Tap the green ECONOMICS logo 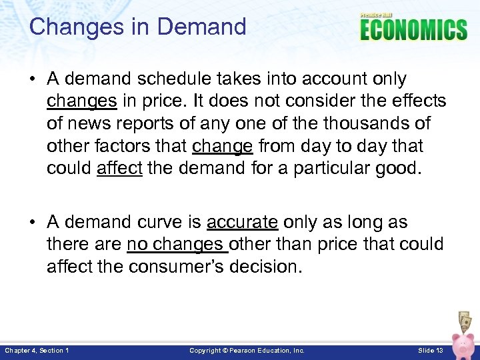(x=413, y=30)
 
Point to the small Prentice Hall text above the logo (x=377, y=15)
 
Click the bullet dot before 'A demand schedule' (x=34, y=79)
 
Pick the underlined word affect (x=119, y=169)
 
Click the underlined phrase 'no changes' (x=177, y=245)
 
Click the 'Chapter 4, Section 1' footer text (x=37, y=351)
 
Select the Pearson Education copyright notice (x=247, y=351)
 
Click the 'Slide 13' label (x=430, y=351)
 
